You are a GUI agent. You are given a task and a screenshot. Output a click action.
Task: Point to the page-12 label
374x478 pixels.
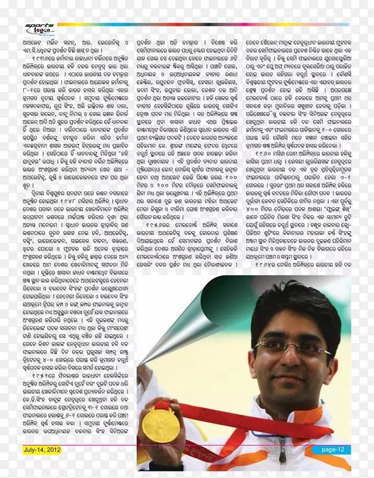click(332, 449)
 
